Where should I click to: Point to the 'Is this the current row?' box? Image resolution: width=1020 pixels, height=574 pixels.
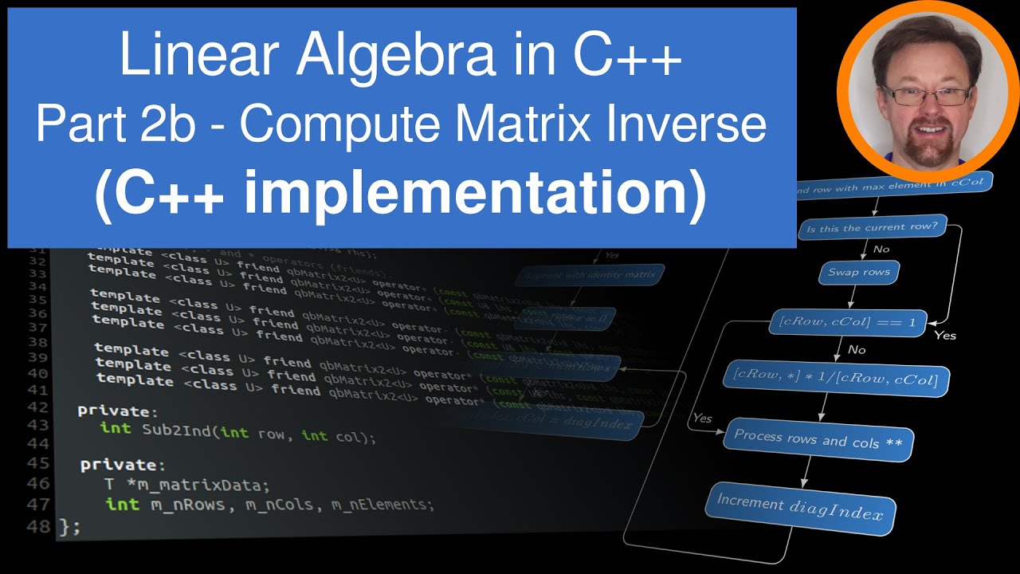(872, 228)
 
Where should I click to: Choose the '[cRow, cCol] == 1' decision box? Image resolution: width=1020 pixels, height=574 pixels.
(847, 323)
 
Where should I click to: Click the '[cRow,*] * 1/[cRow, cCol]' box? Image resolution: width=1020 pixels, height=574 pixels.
(836, 378)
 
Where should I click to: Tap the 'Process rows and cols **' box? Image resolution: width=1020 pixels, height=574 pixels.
(818, 439)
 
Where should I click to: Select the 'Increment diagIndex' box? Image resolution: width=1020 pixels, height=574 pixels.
(800, 507)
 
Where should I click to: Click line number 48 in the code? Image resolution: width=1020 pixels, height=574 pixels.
(38, 526)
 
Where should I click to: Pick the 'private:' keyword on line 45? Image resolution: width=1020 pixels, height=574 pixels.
(123, 464)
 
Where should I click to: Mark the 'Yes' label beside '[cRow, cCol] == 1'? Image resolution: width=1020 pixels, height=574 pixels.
(944, 335)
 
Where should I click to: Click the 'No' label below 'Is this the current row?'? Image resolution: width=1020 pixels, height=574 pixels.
(881, 250)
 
